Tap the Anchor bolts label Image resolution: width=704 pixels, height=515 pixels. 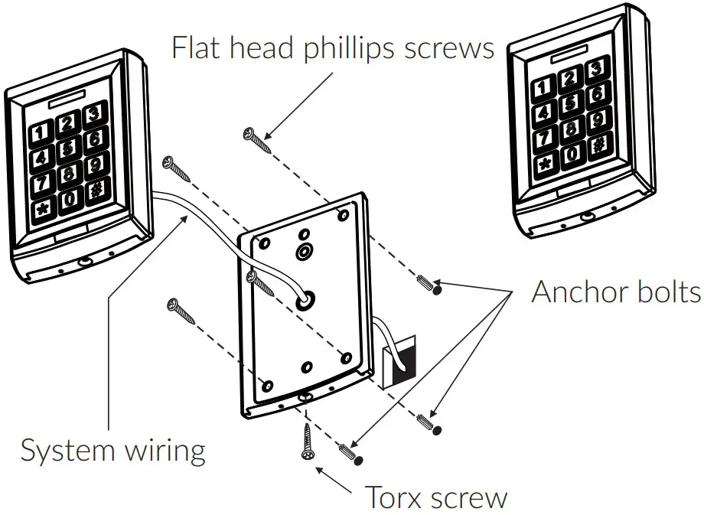click(616, 292)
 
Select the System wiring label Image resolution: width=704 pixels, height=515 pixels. click(112, 450)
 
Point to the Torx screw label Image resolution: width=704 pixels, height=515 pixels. click(435, 497)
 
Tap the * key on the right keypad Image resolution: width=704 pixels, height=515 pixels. click(546, 164)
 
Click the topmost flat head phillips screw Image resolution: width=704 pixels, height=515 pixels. click(257, 140)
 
